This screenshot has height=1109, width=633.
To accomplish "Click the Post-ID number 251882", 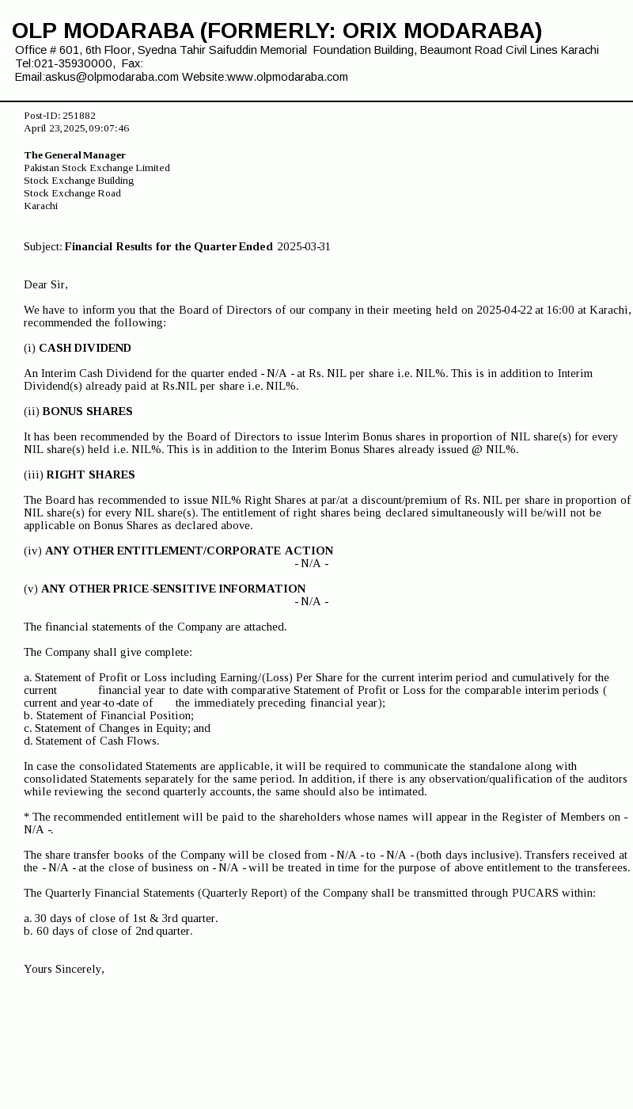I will pyautogui.click(x=79, y=116).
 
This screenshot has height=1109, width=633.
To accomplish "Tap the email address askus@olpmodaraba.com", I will pyautogui.click(x=112, y=77).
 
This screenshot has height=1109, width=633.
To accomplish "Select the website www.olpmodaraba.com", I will pyautogui.click(x=287, y=77).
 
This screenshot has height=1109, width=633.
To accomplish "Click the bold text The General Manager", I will pyautogui.click(x=74, y=155).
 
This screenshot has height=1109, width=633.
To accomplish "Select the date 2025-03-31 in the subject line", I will pyautogui.click(x=304, y=246).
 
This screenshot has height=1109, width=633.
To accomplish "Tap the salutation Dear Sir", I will pyautogui.click(x=45, y=284).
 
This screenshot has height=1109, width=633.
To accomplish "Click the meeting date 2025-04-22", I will pyautogui.click(x=504, y=310).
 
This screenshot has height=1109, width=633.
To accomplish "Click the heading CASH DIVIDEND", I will pyautogui.click(x=85, y=348).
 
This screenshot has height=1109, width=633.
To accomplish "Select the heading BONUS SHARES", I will pyautogui.click(x=87, y=411).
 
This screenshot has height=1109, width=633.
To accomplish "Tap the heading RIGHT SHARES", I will pyautogui.click(x=90, y=474).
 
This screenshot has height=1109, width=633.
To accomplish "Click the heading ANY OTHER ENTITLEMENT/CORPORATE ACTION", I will pyautogui.click(x=189, y=551).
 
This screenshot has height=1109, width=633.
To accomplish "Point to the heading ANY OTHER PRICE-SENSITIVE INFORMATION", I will pyautogui.click(x=173, y=589).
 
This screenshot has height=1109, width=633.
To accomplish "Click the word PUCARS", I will pyautogui.click(x=536, y=893).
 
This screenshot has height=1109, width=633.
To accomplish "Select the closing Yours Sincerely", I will pyautogui.click(x=63, y=969).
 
